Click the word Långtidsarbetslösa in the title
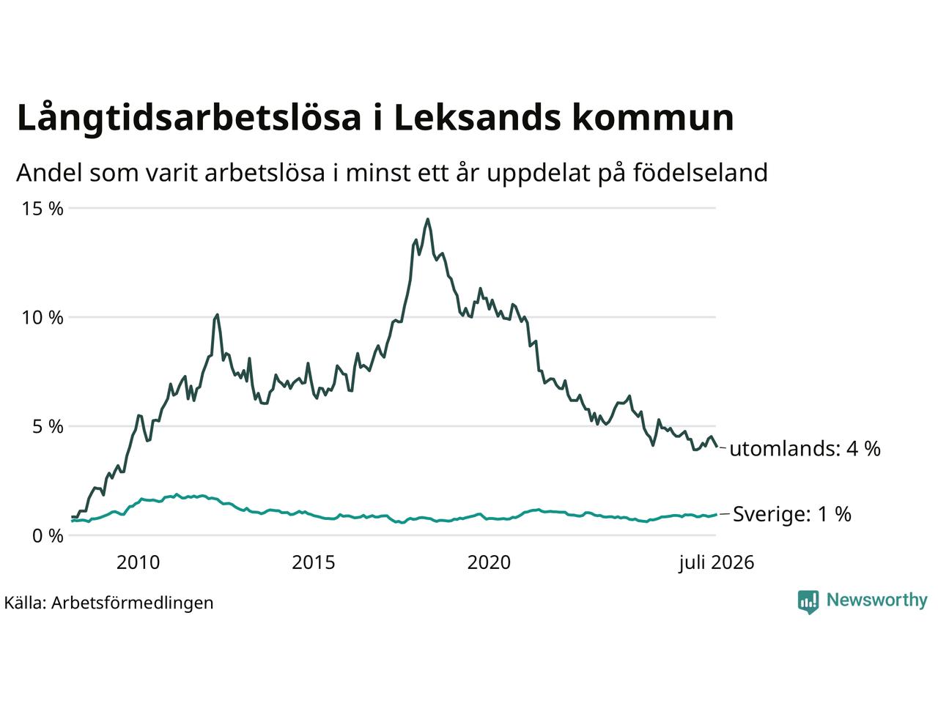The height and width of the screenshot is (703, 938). point(189,118)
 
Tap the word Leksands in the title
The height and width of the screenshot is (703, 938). point(477,116)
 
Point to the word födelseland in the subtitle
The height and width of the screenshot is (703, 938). point(701,172)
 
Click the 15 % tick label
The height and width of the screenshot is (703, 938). point(43,209)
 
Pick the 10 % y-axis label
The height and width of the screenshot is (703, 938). point(43,318)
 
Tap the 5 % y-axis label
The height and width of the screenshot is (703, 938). point(48,426)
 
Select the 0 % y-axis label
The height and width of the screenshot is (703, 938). point(48,536)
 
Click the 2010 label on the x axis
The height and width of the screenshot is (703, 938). point(138,562)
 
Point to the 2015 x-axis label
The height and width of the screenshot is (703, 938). point(313,562)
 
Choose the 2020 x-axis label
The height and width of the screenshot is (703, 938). point(489,562)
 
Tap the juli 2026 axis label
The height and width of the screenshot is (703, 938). point(716,563)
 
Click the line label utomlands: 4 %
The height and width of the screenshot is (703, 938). point(805,449)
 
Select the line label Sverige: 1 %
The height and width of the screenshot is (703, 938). point(792,514)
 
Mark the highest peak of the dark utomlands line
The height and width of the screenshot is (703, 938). point(427,220)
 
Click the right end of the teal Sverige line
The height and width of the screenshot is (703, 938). point(716,514)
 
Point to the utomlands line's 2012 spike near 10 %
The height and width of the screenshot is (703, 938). point(218,315)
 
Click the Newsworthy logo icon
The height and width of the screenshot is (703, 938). point(808,602)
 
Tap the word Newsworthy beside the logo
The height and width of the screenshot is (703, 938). point(877,600)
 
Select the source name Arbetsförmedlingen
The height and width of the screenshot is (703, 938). point(132,603)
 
